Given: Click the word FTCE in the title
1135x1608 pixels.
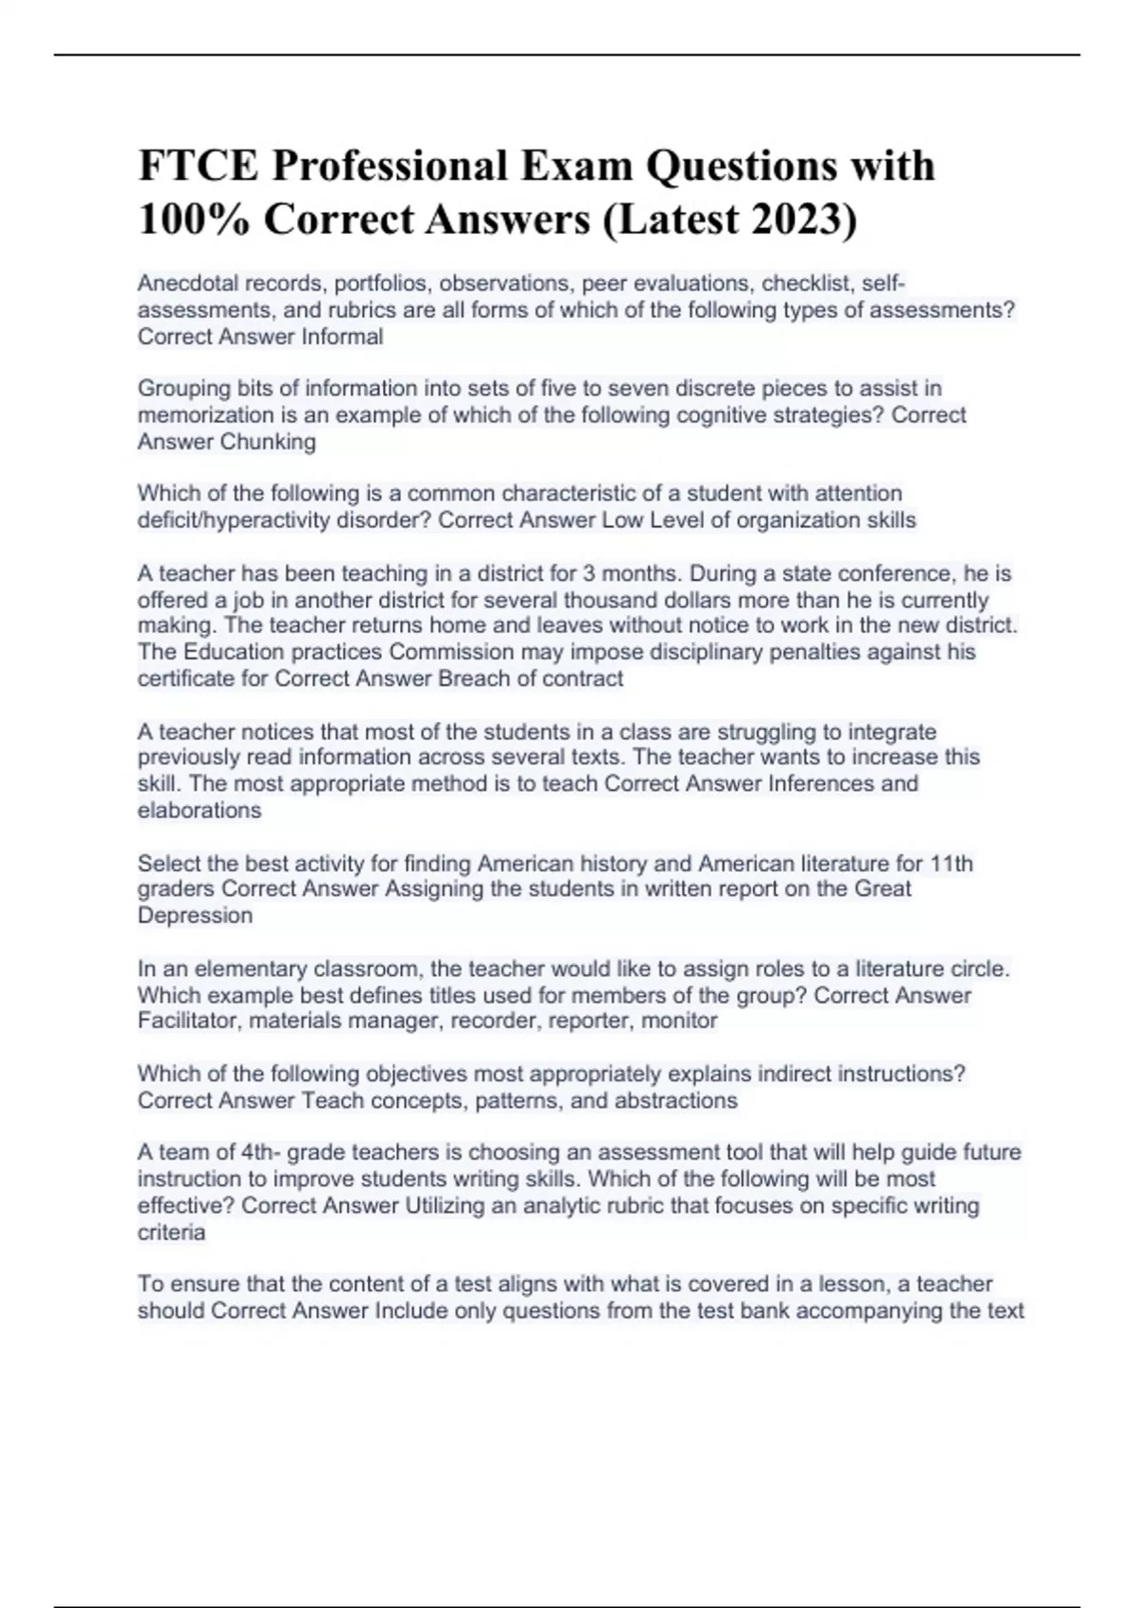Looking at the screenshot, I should [198, 166].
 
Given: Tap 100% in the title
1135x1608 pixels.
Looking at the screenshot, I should [193, 219].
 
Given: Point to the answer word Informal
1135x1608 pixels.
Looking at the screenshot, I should [342, 337].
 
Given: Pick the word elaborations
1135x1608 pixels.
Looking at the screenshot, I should [200, 810].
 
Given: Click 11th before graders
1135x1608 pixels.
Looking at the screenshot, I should [952, 863].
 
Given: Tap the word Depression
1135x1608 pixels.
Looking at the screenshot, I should [196, 916].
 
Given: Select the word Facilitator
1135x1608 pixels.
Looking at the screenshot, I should [187, 1021].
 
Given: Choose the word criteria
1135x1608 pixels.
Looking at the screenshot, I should [171, 1232].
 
